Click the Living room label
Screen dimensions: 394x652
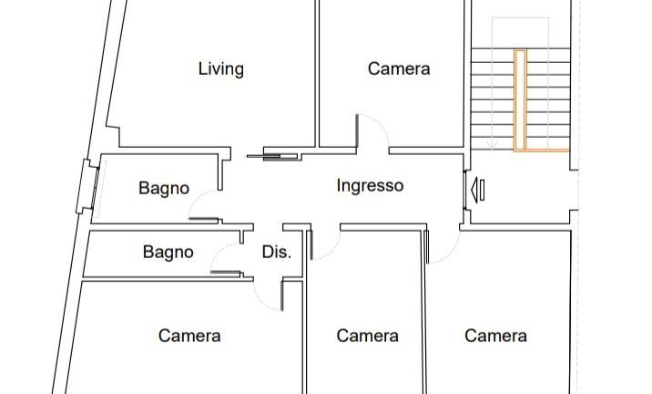click(220, 68)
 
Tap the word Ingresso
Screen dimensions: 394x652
click(370, 185)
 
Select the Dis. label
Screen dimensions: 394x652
click(276, 252)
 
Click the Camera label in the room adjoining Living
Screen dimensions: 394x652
click(399, 68)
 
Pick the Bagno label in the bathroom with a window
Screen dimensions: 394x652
click(164, 189)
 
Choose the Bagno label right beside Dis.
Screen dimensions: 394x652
click(168, 252)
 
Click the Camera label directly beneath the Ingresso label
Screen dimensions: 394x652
click(367, 336)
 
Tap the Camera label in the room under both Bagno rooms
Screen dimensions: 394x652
click(189, 336)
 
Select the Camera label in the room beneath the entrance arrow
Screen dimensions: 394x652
click(495, 336)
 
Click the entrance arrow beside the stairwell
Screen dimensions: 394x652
click(478, 189)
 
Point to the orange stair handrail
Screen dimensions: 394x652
click(521, 100)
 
